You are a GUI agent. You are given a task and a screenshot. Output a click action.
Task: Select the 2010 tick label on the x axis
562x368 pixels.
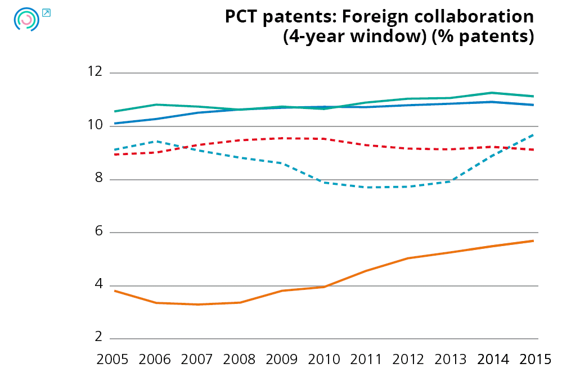pyautogui.click(x=324, y=358)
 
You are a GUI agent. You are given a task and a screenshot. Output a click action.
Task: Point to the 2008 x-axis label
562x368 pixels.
pyautogui.click(x=240, y=358)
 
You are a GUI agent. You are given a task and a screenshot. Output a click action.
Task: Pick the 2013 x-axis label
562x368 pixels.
pyautogui.click(x=450, y=358)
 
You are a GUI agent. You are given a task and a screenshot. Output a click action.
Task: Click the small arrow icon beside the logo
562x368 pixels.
pyautogui.click(x=46, y=12)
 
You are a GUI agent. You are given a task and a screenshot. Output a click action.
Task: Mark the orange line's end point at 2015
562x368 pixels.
pyautogui.click(x=533, y=240)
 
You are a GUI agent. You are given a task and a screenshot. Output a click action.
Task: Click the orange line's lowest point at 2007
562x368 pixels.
pyautogui.click(x=198, y=305)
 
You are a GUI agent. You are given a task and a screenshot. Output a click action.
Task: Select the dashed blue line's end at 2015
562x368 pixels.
pyautogui.click(x=533, y=134)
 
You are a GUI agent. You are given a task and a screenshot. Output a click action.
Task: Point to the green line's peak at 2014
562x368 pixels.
pyautogui.click(x=491, y=93)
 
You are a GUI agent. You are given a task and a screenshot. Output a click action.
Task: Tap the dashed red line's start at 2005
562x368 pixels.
pyautogui.click(x=114, y=154)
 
